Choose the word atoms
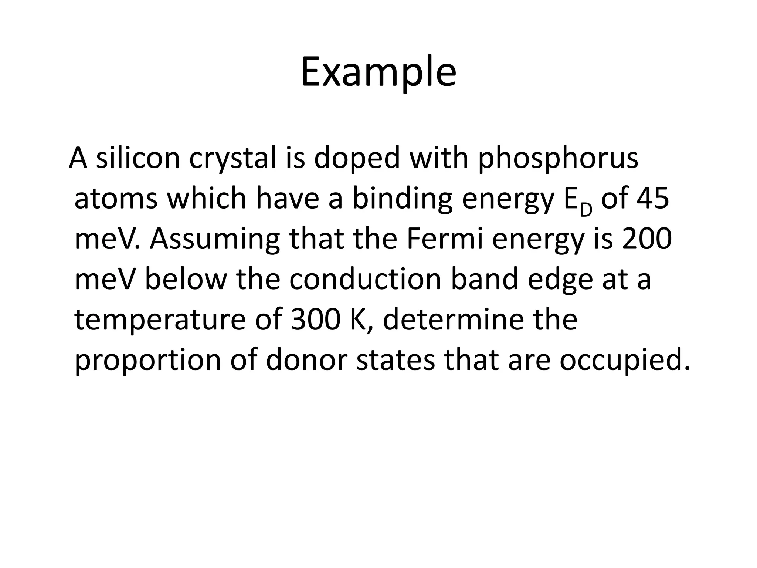pyautogui.click(x=116, y=199)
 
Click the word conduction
pyautogui.click(x=365, y=279)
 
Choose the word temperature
pyautogui.click(x=160, y=320)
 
